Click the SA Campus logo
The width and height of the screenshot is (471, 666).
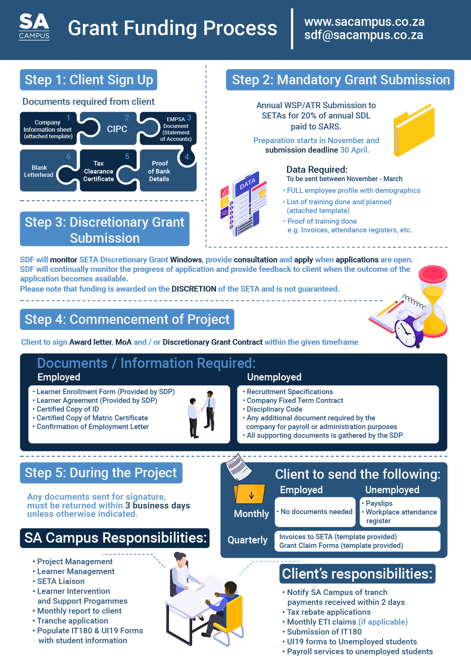34,27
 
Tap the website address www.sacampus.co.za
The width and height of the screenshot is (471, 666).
364,22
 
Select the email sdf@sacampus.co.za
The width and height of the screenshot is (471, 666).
364,35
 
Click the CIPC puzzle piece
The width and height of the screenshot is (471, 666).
117,129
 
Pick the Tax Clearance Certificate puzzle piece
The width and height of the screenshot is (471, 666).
99,171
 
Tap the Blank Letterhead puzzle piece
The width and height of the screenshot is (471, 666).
39,171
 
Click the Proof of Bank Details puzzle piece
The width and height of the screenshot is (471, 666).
160,171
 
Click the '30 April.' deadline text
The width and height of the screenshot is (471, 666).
355,150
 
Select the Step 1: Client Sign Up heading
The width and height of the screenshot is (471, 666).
89,80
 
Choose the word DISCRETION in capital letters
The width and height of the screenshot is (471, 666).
194,289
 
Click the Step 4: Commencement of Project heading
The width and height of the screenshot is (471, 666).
127,319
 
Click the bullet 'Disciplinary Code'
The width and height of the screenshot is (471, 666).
274,409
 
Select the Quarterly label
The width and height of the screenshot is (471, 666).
247,540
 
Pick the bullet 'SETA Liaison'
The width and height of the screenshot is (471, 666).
61,581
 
